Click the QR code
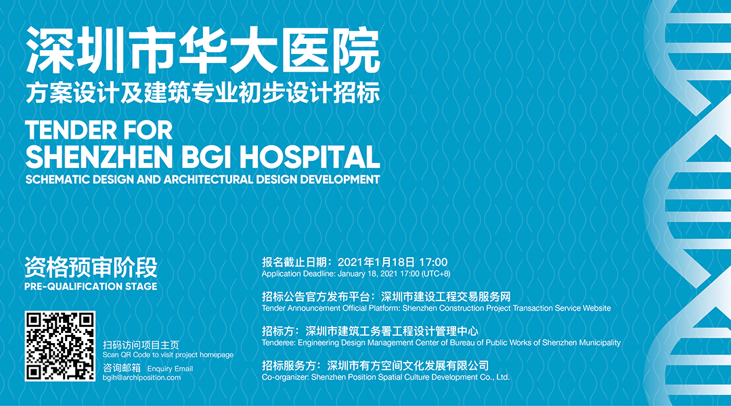[x=60, y=346]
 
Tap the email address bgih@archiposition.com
[x=141, y=378]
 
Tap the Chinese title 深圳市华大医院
[x=203, y=51]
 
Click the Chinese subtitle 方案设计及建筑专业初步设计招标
[x=203, y=92]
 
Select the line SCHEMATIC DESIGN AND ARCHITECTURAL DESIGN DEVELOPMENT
[x=203, y=179]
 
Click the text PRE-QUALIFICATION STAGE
[x=91, y=286]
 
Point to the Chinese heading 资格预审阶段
[x=91, y=267]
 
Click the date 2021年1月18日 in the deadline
[x=376, y=262]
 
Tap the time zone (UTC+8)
[x=436, y=273]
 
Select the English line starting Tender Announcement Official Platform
[x=437, y=308]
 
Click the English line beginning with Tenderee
[x=441, y=342]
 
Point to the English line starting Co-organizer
[x=386, y=377]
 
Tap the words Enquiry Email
[x=170, y=369]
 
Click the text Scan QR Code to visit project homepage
[x=168, y=355]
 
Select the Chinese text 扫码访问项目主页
[x=141, y=345]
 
